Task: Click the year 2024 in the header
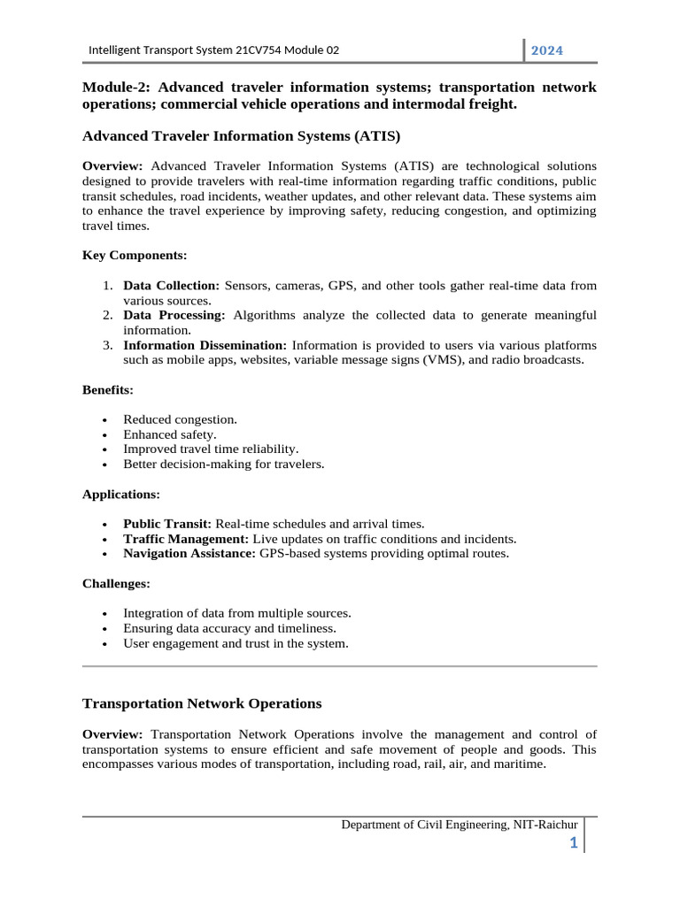point(546,50)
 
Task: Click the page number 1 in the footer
point(574,843)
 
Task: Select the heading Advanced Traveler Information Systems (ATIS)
point(241,136)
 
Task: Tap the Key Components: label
point(135,255)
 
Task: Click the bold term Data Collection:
point(172,286)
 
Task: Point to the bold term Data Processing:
point(174,315)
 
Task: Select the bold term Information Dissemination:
point(205,345)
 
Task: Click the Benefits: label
point(108,389)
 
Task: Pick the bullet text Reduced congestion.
point(180,419)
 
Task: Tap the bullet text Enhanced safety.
point(169,434)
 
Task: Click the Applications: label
point(121,494)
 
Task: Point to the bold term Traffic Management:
point(187,539)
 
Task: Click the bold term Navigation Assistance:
point(189,554)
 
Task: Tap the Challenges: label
point(116,584)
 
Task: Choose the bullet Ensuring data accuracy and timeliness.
point(229,628)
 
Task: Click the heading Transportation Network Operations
point(202,703)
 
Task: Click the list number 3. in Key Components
point(106,345)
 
